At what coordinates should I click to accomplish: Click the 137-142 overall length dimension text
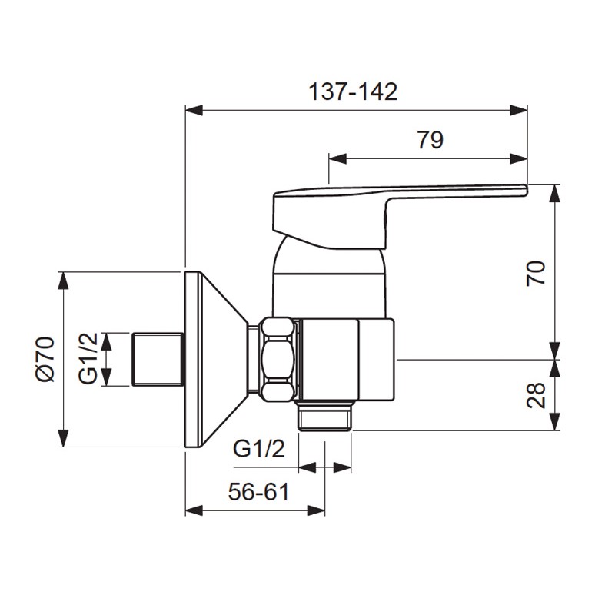[x=353, y=92]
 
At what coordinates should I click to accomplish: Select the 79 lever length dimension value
[x=430, y=140]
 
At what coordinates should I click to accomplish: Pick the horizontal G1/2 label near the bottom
[x=259, y=449]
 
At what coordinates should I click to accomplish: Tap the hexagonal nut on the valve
[x=278, y=359]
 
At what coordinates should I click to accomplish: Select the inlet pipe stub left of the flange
[x=159, y=359]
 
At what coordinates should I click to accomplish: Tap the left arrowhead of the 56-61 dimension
[x=193, y=510]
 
